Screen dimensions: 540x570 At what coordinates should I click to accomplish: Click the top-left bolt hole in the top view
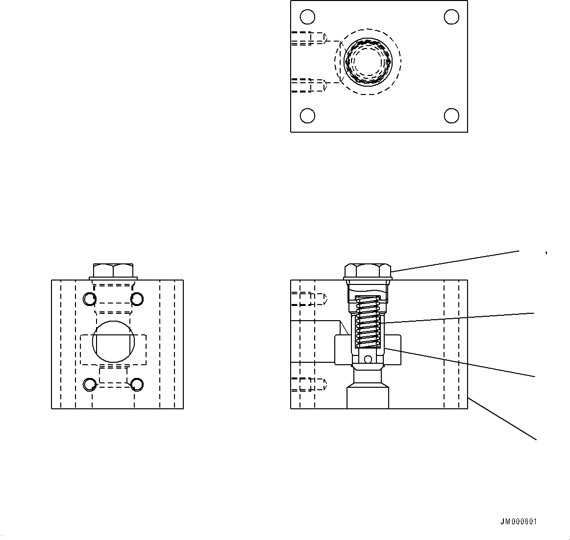pyautogui.click(x=307, y=17)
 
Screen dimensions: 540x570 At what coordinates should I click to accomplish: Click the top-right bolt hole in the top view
pyautogui.click(x=451, y=17)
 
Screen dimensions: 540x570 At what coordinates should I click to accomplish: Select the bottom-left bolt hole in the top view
pyautogui.click(x=307, y=116)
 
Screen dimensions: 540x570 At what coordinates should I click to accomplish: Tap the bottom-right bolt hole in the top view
pyautogui.click(x=451, y=116)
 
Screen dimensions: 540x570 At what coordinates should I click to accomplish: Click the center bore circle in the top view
pyautogui.click(x=368, y=62)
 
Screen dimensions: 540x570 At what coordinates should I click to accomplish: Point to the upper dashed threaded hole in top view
pyautogui.click(x=309, y=38)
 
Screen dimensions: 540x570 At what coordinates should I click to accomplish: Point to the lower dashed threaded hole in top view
pyautogui.click(x=309, y=85)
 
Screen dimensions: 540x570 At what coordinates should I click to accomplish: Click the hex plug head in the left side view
pyautogui.click(x=113, y=270)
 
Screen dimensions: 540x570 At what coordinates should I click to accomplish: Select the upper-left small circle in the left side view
pyautogui.click(x=90, y=298)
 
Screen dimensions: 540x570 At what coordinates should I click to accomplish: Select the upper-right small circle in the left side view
pyautogui.click(x=136, y=298)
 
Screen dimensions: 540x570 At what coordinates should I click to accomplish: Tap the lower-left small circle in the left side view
pyautogui.click(x=90, y=385)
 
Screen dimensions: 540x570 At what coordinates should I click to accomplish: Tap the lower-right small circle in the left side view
pyautogui.click(x=136, y=385)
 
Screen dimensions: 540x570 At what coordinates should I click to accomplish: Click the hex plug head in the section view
pyautogui.click(x=368, y=271)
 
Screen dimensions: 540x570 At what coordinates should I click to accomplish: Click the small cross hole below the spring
pyautogui.click(x=368, y=360)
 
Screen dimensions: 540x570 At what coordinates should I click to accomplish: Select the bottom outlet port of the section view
pyautogui.click(x=368, y=398)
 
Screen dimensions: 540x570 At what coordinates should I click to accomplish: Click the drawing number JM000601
pyautogui.click(x=518, y=522)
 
